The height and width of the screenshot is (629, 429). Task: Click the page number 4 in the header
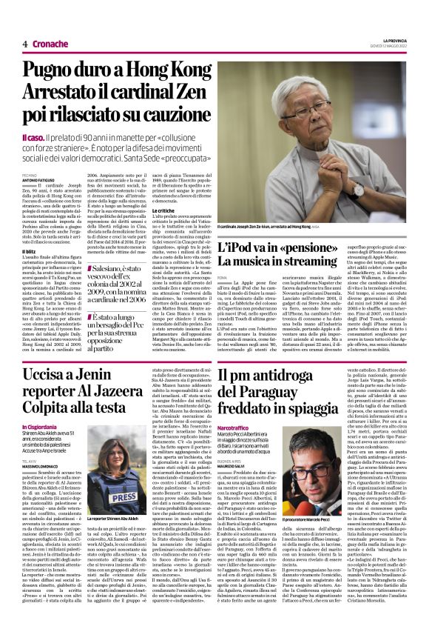pyautogui.click(x=25, y=44)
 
